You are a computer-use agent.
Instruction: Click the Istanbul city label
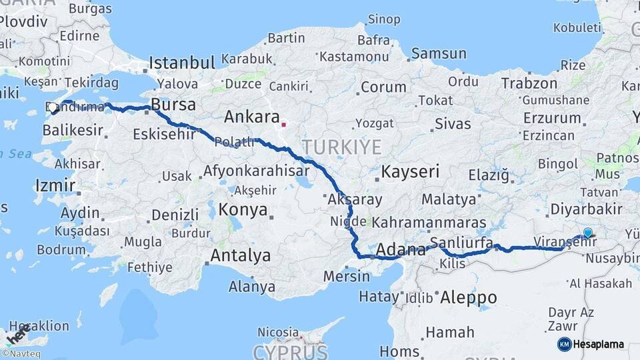[181, 63]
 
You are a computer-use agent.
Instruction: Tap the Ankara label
[252, 117]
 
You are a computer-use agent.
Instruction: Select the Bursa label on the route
[173, 105]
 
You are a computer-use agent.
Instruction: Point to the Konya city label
[243, 210]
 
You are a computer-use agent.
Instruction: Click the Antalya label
[241, 255]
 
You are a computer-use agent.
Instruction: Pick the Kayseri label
[410, 172]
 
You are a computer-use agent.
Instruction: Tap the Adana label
[401, 251]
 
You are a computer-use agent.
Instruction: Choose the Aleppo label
[468, 297]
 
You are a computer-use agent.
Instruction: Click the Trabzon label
[529, 83]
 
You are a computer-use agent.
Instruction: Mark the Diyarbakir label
[587, 209]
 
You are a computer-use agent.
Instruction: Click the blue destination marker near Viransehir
[587, 233]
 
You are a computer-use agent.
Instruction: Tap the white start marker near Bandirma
[53, 107]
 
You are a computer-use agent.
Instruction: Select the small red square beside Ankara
[284, 123]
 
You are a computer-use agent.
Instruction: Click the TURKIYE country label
[342, 147]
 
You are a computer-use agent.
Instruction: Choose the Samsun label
[439, 53]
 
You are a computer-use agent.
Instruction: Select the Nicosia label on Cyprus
[278, 331]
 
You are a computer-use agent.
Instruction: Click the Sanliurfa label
[461, 241]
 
